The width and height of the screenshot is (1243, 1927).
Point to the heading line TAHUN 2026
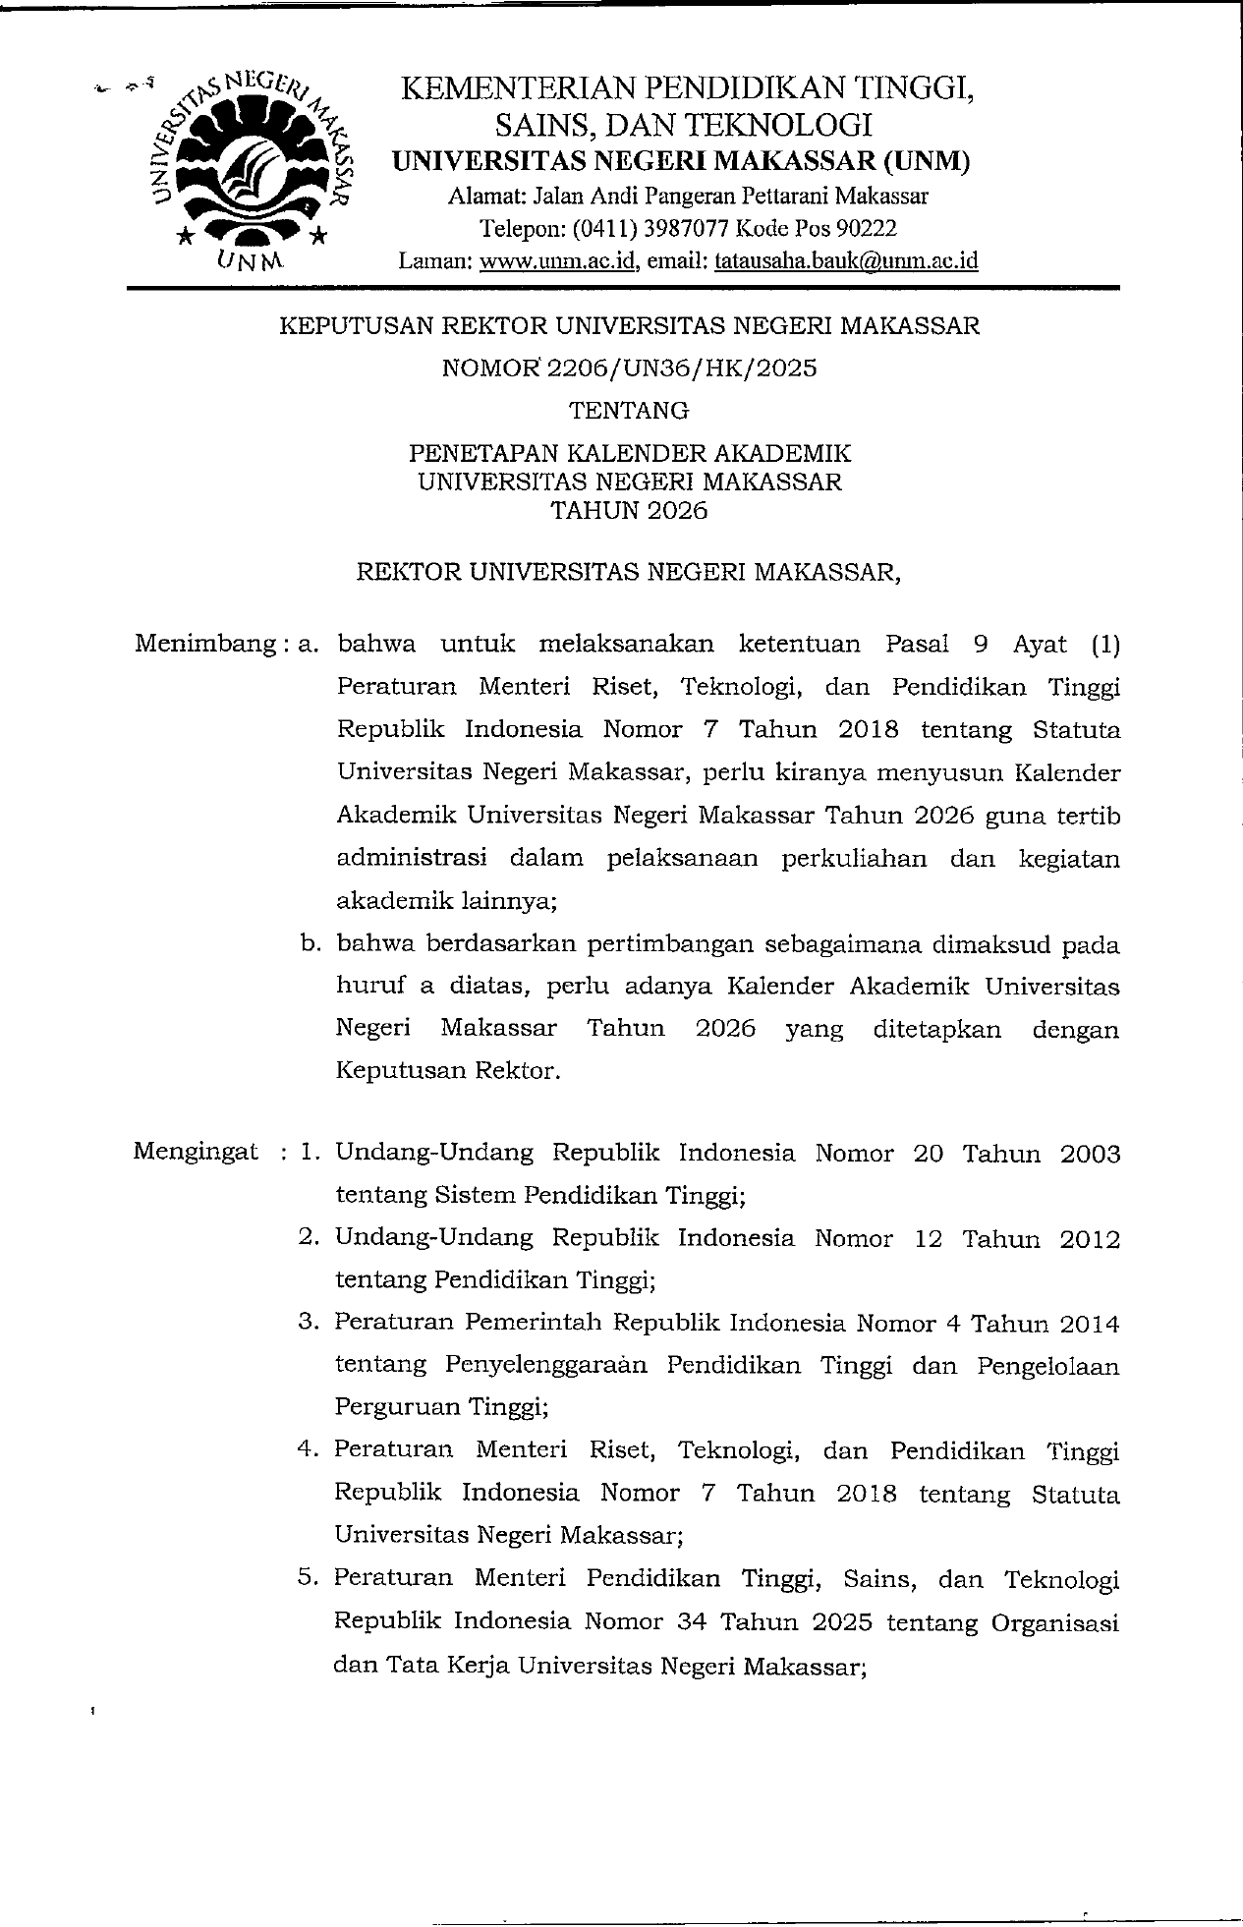(630, 511)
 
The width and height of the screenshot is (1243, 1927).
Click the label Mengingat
(197, 1152)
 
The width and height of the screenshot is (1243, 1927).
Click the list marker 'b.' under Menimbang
(311, 944)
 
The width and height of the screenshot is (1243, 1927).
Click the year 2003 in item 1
(1090, 1154)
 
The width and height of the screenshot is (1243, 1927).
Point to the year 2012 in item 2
(1090, 1239)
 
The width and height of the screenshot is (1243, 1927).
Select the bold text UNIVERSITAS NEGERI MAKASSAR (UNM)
(681, 161)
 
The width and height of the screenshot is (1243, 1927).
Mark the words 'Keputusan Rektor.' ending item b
(448, 1070)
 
